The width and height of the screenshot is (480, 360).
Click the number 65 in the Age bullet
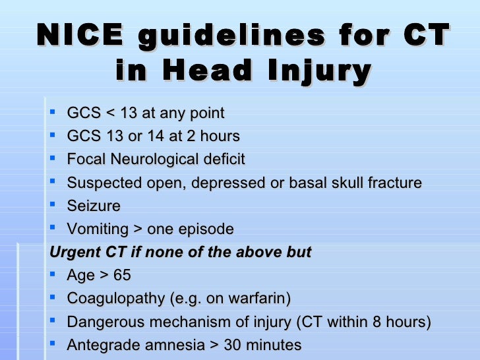click(x=122, y=275)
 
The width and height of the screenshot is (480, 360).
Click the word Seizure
click(x=94, y=206)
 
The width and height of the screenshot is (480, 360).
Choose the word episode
click(x=206, y=229)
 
